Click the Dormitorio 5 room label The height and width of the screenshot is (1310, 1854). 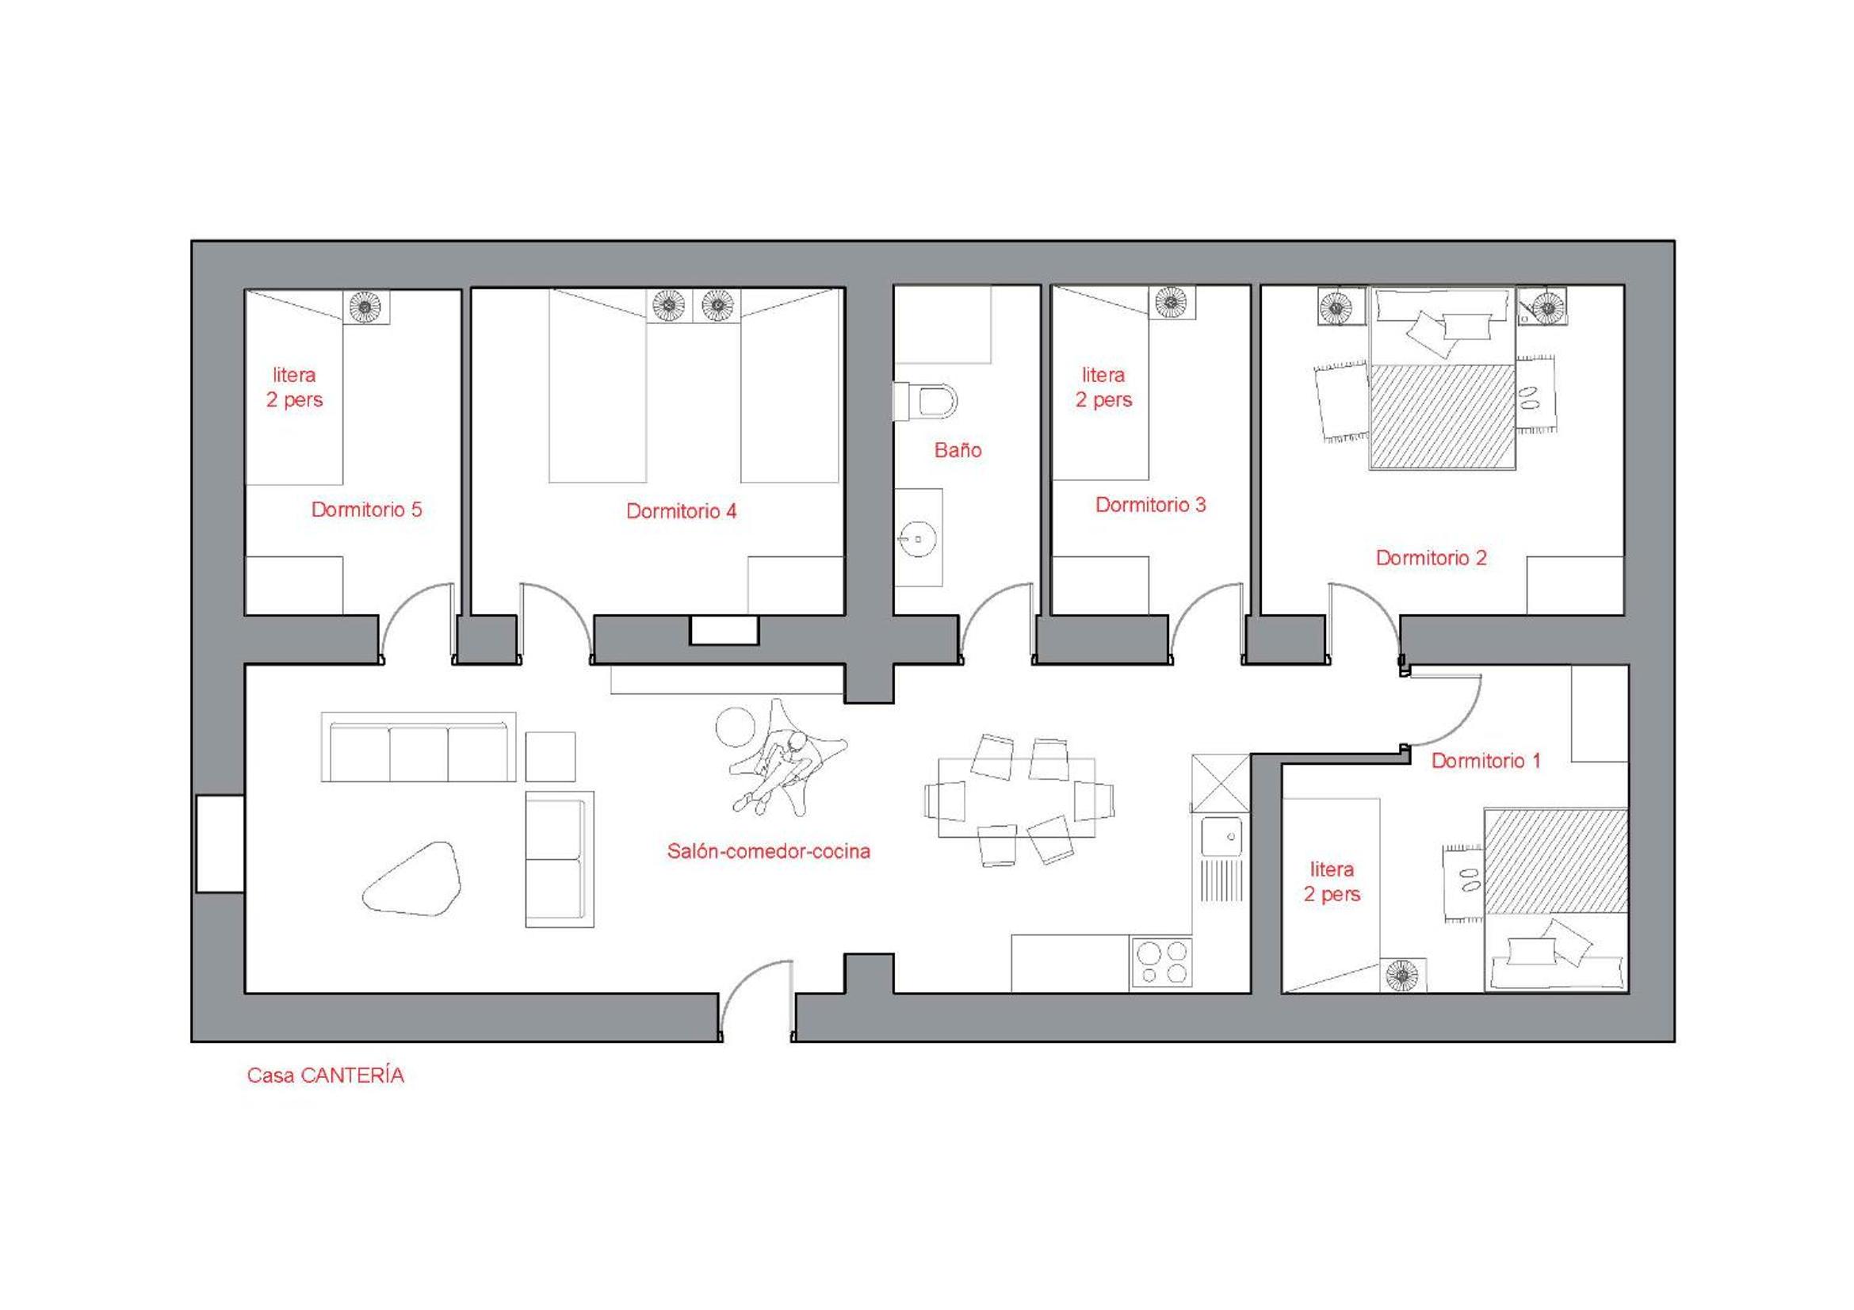[x=367, y=510]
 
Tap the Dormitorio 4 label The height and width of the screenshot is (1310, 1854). [x=682, y=511]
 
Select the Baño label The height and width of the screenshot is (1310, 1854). [x=958, y=449]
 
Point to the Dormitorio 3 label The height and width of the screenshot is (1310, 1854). [x=1151, y=505]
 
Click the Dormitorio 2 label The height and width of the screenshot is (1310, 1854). [x=1431, y=558]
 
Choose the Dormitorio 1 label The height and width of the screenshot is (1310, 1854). [x=1485, y=760]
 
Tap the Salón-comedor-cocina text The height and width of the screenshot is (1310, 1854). [x=769, y=850]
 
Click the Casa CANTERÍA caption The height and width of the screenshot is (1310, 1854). [x=326, y=1075]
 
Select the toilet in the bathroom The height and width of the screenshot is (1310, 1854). [x=925, y=401]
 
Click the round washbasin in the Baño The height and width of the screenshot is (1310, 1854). [x=917, y=538]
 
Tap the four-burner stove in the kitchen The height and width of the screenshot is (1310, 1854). [x=1161, y=963]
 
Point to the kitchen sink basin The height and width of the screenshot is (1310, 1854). [x=1221, y=835]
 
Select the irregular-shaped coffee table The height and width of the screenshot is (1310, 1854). [x=412, y=879]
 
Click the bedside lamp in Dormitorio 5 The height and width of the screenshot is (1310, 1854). [x=365, y=307]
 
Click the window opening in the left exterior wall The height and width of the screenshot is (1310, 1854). [x=220, y=843]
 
